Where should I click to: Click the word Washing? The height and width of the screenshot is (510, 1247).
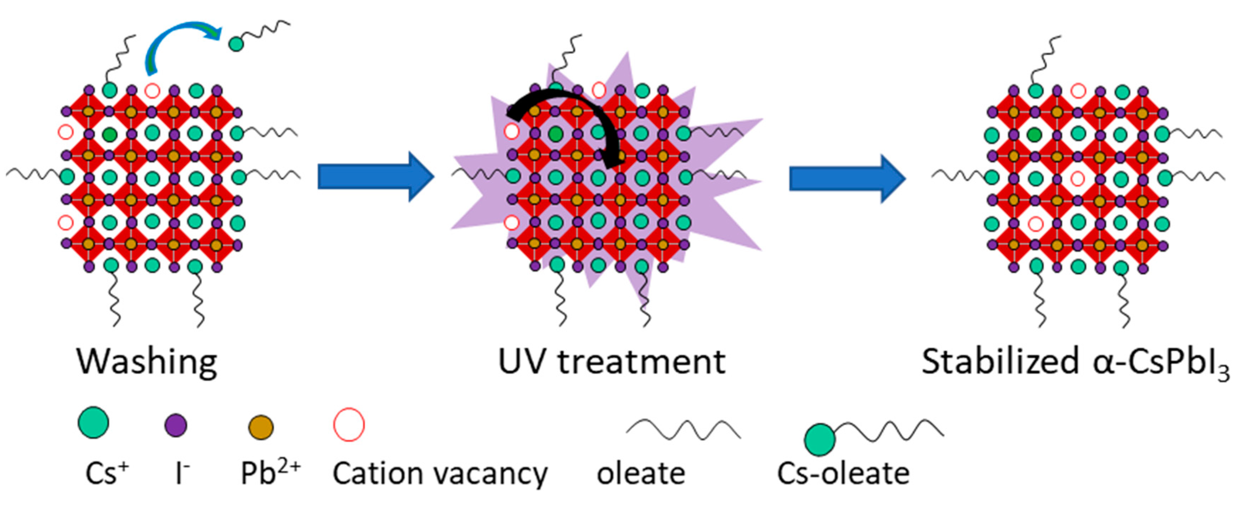tap(146, 362)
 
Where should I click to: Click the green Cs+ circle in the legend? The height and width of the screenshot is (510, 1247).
tap(93, 422)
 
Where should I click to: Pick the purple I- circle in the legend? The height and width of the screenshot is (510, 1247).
tap(176, 425)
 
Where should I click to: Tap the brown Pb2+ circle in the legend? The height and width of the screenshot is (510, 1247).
tap(260, 427)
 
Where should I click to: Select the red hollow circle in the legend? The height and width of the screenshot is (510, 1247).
tap(349, 425)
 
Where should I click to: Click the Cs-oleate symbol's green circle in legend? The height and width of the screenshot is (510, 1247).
tap(819, 439)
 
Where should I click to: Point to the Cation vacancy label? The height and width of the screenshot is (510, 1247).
tap(440, 473)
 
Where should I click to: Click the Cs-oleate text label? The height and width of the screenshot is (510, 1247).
tap(843, 473)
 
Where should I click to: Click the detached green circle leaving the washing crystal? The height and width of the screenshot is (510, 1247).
tap(236, 44)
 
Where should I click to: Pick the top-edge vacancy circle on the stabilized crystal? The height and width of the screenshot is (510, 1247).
tap(1078, 91)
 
